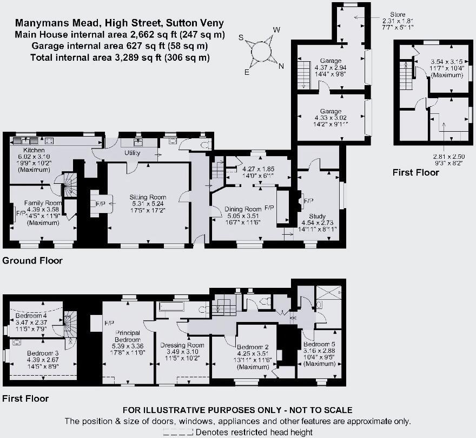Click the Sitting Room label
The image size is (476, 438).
[148, 197]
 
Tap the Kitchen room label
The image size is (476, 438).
[34, 150]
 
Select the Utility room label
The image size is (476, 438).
[133, 153]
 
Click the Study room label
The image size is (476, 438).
[318, 216]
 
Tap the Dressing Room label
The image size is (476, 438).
[182, 345]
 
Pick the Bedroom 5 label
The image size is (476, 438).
[317, 345]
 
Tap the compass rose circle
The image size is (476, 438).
[262, 50]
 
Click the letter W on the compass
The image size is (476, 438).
[276, 30]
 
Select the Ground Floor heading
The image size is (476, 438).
[32, 261]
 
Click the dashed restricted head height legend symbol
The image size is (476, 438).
[178, 432]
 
